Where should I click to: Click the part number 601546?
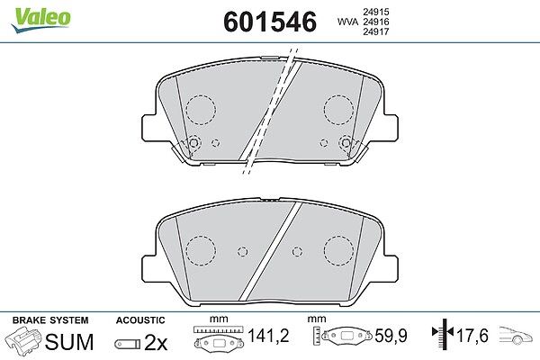pos(270,22)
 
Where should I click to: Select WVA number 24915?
pos(375,12)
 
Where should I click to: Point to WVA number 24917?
pos(375,31)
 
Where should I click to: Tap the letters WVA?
pos(347,22)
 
